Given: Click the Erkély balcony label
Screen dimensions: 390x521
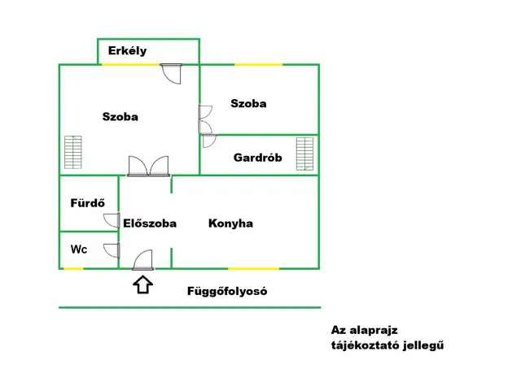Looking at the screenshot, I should coord(127,51).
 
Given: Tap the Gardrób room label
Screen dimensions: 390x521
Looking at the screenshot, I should coord(257,158).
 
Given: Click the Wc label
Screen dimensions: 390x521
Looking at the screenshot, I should coord(79,249).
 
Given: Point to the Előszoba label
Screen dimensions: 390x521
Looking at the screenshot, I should coord(150,223).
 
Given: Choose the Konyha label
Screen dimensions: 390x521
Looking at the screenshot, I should coord(230,223).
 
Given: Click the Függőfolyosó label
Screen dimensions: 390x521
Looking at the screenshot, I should coord(227,291).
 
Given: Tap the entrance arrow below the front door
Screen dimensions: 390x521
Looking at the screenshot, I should coord(143,284).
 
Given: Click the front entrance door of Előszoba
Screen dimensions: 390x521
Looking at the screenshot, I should coord(143,260).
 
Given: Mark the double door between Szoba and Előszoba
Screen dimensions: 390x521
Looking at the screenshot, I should coord(148,166).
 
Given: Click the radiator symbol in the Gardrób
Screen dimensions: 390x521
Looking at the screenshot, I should coord(305,154).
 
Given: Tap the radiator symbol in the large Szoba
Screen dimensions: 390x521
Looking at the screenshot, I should coord(73,153).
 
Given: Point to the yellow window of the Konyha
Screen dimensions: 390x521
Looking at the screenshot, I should coord(253,268).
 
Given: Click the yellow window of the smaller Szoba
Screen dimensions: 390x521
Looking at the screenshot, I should coord(259,64).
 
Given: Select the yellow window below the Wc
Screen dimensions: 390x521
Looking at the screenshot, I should coord(73,268).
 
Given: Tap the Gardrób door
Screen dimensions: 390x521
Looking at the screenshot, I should coord(208,140).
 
